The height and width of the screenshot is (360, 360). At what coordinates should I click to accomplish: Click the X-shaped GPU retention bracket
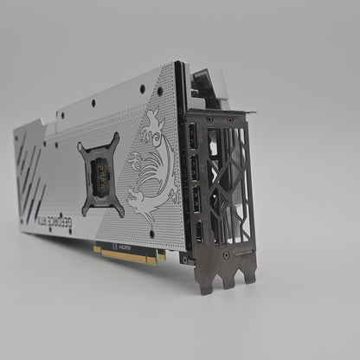[x=102, y=177]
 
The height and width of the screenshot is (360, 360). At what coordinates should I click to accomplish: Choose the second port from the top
[x=195, y=169]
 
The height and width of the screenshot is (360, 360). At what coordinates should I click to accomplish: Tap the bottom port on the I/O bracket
[x=200, y=230]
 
